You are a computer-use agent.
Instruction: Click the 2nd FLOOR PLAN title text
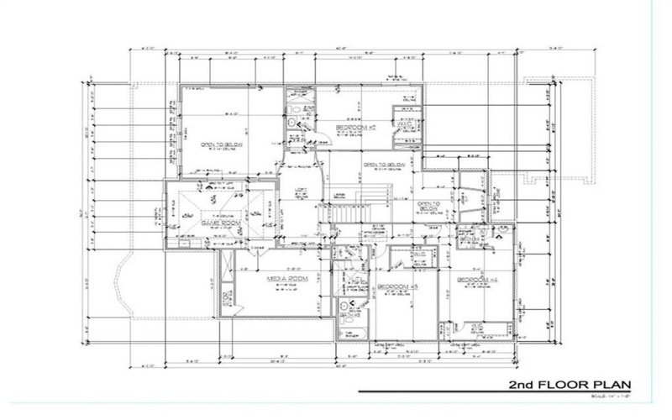click(x=568, y=385)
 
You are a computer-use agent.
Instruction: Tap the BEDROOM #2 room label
click(x=354, y=129)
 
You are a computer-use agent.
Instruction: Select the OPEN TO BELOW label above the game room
click(x=217, y=144)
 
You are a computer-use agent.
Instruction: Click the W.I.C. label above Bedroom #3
click(x=419, y=254)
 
